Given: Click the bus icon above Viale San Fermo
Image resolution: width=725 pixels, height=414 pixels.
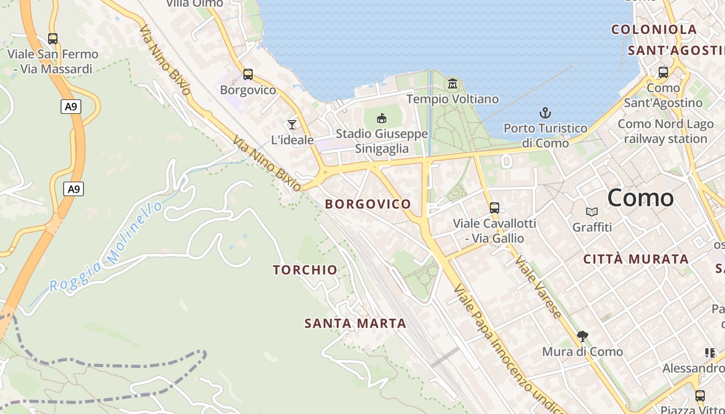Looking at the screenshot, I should (x=52, y=38).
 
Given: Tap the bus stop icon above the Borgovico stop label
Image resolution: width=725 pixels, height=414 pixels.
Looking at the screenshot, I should (x=248, y=75).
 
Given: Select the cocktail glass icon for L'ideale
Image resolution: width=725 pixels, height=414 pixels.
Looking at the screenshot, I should (x=292, y=124).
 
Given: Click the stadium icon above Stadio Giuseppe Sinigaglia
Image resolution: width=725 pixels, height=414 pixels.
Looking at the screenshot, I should (x=382, y=119).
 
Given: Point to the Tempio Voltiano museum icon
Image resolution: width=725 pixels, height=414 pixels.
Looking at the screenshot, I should (x=453, y=83).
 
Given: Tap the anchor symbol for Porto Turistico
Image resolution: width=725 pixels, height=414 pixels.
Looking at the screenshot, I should (x=545, y=113).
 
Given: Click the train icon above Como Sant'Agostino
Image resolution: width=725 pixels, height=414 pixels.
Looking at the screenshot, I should (x=663, y=72).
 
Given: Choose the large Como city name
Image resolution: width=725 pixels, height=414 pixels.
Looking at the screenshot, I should (x=641, y=198).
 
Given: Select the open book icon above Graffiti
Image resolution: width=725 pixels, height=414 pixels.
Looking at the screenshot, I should (x=591, y=212).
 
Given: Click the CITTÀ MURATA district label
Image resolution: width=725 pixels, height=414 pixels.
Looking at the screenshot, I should (x=636, y=259).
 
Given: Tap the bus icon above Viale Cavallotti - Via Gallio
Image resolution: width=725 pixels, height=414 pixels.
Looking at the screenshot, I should (x=495, y=208).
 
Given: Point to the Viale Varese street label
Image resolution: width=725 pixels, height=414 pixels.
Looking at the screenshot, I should (x=539, y=287).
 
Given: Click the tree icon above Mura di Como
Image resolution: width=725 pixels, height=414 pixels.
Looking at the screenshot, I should (x=583, y=336).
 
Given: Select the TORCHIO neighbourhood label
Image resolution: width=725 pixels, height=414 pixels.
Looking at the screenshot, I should (x=305, y=270).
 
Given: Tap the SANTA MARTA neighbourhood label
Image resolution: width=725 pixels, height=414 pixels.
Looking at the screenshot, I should (x=355, y=323).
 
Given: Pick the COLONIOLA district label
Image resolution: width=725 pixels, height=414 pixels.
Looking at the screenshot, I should (x=654, y=29).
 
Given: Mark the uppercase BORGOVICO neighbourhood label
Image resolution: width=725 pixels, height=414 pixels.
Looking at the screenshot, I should (x=368, y=204).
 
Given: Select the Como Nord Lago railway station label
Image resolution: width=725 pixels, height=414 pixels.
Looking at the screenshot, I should (x=665, y=131).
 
